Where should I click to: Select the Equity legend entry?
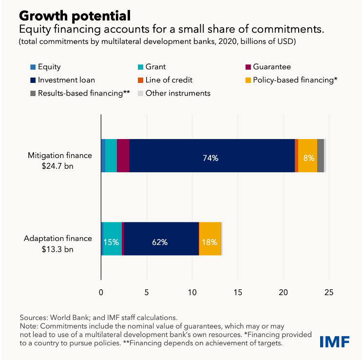49,67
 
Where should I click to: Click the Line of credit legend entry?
176,80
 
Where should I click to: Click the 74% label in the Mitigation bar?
210,158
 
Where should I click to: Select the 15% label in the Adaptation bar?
112,242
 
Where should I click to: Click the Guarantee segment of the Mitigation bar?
123,156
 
